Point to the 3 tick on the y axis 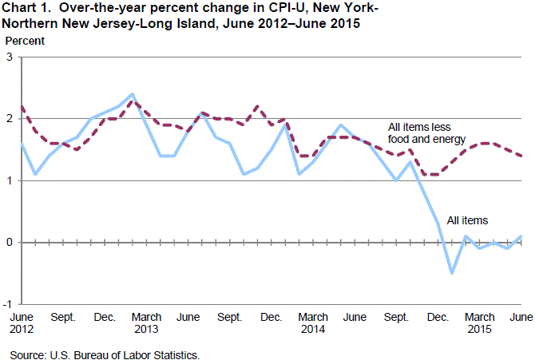pos(9,57)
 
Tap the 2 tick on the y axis pos(9,119)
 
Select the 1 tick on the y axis pos(9,180)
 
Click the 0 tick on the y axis pos(9,242)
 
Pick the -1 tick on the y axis pos(7,304)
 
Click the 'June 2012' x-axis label pos(22,322)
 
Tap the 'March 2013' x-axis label pos(146,322)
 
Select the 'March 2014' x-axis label pos(312,322)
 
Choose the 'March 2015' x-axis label pos(479,322)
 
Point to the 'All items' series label pos(468,220)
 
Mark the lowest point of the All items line pos(452,273)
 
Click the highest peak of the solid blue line pos(133,94)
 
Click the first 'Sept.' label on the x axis pos(63,317)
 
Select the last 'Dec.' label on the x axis pos(438,317)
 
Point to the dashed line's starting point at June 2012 pos(22,106)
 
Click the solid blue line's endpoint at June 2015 pos(521,236)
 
